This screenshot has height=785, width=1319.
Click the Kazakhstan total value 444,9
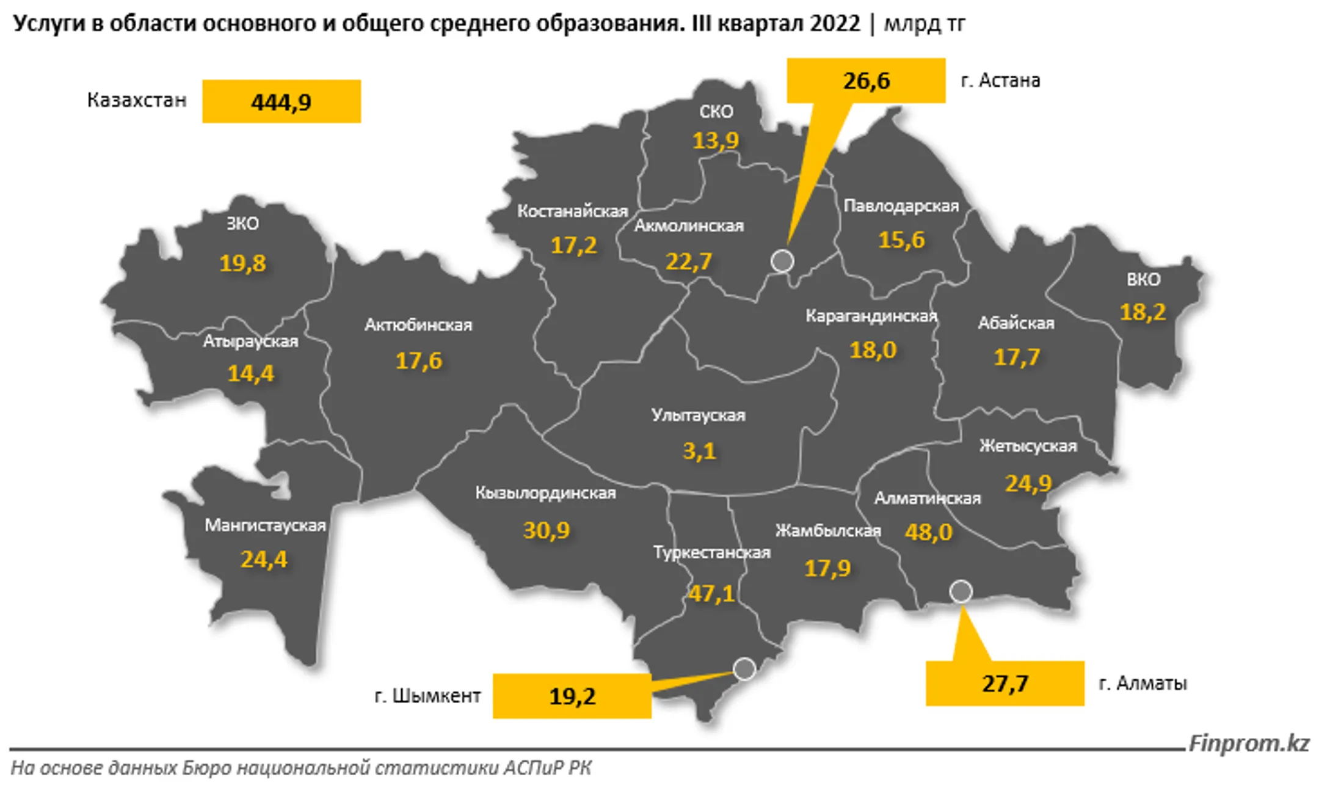(x=281, y=102)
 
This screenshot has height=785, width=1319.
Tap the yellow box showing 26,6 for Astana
(x=866, y=81)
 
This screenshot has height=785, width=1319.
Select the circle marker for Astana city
(x=782, y=261)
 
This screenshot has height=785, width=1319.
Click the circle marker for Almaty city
(x=961, y=591)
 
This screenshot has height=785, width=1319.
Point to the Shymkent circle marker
(x=744, y=669)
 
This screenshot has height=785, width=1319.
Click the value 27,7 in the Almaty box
(x=1005, y=684)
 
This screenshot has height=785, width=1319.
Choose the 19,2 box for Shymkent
(x=572, y=696)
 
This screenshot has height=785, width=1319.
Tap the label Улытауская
(x=698, y=415)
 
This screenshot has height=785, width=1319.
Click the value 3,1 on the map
(x=699, y=451)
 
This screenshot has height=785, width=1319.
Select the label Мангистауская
(x=265, y=525)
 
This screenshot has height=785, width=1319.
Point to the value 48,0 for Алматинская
(x=928, y=532)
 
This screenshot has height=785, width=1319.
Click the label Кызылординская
(x=545, y=493)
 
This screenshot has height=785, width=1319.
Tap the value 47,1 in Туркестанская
(x=711, y=593)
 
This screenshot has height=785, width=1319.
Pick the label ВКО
(x=1143, y=280)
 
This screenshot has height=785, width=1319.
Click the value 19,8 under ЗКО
(x=242, y=263)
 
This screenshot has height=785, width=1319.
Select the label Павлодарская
(x=901, y=206)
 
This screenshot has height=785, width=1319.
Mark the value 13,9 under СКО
(x=715, y=141)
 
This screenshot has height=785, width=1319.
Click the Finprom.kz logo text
(x=1249, y=743)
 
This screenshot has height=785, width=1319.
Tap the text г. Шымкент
(x=427, y=696)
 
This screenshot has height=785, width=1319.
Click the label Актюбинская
(x=418, y=325)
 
